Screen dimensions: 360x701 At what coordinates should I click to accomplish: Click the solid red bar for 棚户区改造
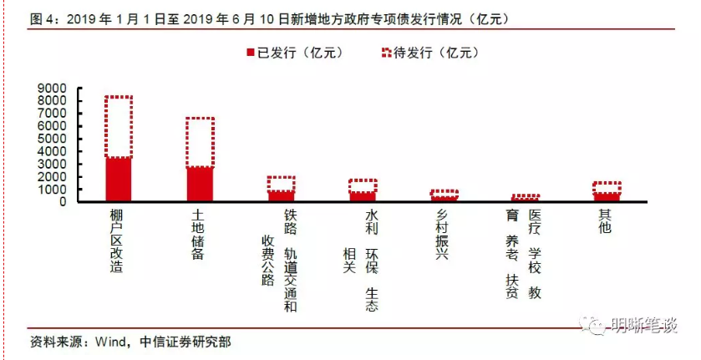[118, 179]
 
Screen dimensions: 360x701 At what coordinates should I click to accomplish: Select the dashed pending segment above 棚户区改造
[118, 126]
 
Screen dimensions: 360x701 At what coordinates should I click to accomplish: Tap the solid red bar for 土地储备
[200, 184]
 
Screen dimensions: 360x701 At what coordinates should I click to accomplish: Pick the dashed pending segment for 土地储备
[200, 142]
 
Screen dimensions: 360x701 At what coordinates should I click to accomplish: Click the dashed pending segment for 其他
[607, 187]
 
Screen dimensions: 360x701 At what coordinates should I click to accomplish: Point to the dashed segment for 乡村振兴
[444, 193]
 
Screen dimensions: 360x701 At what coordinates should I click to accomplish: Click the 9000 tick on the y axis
[53, 88]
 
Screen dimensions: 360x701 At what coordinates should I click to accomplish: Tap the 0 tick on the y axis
[63, 201]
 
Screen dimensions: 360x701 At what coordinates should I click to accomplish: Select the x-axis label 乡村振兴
[443, 234]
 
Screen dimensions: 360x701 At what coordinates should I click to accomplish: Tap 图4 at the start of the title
[41, 18]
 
